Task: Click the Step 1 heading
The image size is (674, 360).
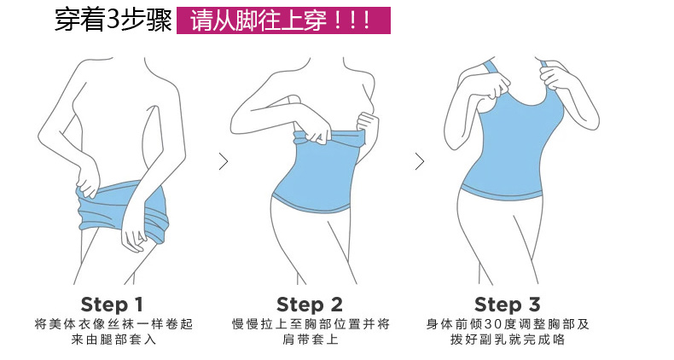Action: [112, 305]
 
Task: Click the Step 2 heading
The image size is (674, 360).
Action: [310, 305]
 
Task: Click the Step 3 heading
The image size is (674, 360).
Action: [508, 305]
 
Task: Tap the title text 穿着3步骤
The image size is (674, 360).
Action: [113, 20]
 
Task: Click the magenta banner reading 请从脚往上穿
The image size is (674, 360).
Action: [283, 20]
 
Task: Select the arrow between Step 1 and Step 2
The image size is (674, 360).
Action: [223, 161]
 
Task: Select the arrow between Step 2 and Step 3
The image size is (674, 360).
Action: [420, 161]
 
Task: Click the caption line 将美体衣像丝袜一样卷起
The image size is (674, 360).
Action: [114, 324]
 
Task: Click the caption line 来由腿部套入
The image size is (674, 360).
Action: [114, 340]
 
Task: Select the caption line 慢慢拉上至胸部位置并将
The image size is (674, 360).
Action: [311, 324]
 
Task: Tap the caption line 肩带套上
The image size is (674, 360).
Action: [311, 340]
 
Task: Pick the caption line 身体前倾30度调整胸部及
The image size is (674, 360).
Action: [508, 324]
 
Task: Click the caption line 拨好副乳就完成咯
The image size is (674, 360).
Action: [508, 340]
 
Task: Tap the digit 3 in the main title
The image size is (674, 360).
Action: [112, 20]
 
